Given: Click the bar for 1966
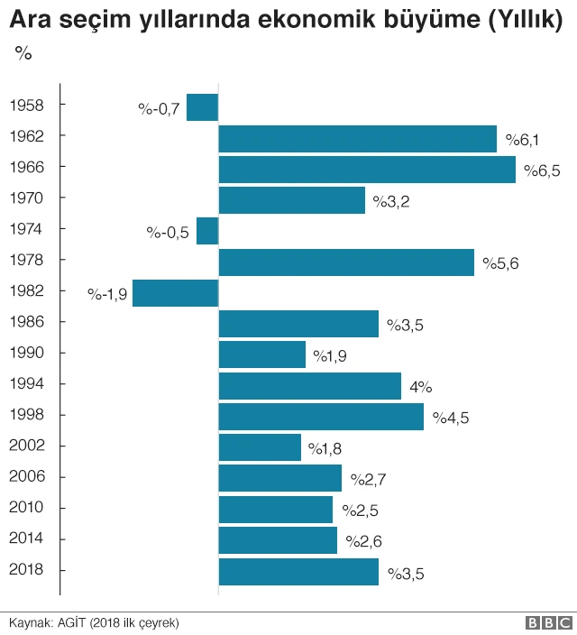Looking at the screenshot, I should pos(367,170).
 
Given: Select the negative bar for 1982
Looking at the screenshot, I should pos(176,293).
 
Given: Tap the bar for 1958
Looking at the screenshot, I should pos(203,107).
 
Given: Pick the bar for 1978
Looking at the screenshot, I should pos(346,262).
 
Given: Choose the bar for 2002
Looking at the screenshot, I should pos(260,447).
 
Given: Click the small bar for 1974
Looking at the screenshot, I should pos(207,231).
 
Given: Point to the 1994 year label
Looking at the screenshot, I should pos(26,383).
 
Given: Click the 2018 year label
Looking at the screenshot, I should pos(26,570).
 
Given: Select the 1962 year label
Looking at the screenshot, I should pos(26,136).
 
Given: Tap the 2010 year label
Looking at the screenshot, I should pos(26,508).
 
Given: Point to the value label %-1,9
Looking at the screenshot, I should pos(106,294).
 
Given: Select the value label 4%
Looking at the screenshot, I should pos(421,387).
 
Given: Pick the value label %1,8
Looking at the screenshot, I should pos(325,448).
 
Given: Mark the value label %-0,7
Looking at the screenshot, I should pos(160,110).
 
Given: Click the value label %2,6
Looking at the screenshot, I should pos(362,541).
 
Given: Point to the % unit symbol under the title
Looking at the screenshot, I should pos(23,53).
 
